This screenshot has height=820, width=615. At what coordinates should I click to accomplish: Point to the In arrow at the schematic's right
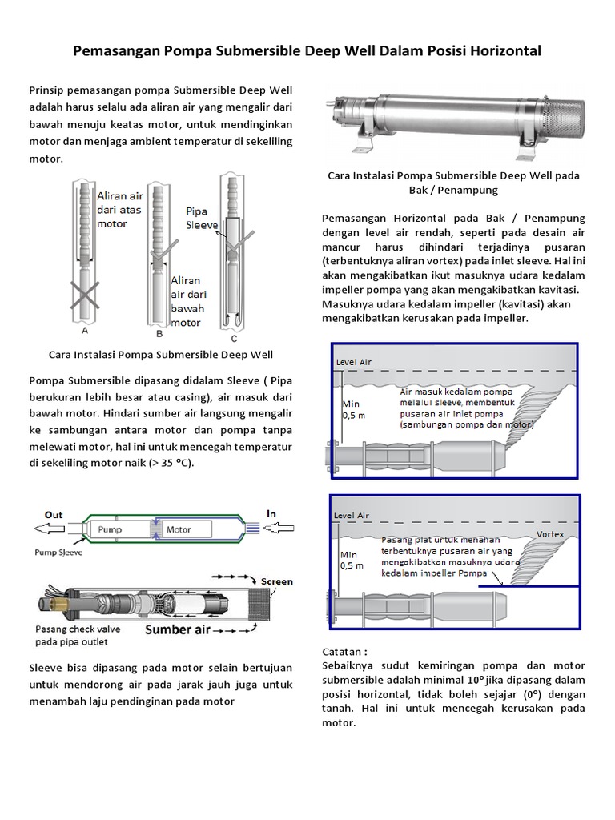pyautogui.click(x=276, y=529)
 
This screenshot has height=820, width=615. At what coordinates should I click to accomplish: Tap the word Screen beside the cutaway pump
pyautogui.click(x=277, y=581)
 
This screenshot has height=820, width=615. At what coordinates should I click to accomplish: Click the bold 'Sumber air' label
pyautogui.click(x=178, y=629)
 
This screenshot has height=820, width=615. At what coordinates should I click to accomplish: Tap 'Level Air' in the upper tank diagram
pyautogui.click(x=353, y=362)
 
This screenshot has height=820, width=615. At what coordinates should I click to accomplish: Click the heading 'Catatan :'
pyautogui.click(x=348, y=653)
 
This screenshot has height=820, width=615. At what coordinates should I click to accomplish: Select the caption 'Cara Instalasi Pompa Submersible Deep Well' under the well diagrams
pyautogui.click(x=161, y=354)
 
